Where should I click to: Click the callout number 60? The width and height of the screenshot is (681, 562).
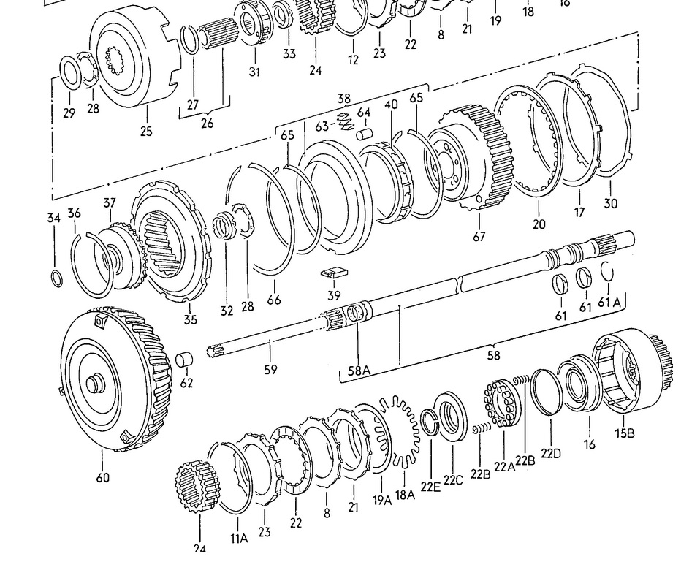pyautogui.click(x=102, y=478)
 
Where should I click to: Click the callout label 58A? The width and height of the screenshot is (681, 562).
pyautogui.click(x=359, y=371)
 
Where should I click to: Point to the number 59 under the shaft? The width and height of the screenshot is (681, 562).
pyautogui.click(x=271, y=370)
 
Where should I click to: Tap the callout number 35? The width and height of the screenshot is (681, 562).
pyautogui.click(x=190, y=320)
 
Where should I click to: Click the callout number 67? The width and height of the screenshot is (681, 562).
pyautogui.click(x=479, y=236)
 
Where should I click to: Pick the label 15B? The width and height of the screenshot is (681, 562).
pyautogui.click(x=625, y=433)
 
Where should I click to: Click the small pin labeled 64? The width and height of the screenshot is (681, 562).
pyautogui.click(x=365, y=134)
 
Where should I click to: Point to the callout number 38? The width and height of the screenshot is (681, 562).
pyautogui.click(x=344, y=98)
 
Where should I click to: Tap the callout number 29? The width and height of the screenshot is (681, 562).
pyautogui.click(x=69, y=113)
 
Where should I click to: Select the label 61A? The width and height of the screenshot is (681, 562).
pyautogui.click(x=609, y=303)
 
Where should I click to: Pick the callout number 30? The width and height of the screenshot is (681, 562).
pyautogui.click(x=611, y=203)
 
